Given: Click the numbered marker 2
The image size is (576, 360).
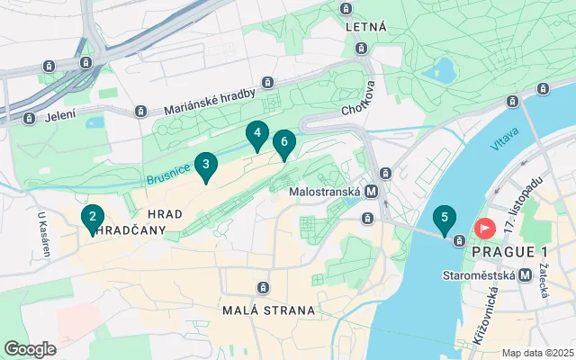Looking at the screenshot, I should [x=92, y=217].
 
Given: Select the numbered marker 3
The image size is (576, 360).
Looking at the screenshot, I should [x=206, y=165].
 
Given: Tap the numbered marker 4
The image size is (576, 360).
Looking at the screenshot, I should [x=257, y=135].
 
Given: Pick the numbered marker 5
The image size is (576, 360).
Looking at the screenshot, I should [x=443, y=219].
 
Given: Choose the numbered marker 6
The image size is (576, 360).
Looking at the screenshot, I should [x=284, y=142].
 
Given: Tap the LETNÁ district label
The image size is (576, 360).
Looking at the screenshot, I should [x=366, y=27].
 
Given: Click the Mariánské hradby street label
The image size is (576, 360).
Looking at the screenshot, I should [x=206, y=99].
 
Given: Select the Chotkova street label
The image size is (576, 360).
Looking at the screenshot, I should [x=357, y=111].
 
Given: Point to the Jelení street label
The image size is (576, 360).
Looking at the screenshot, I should [x=61, y=115].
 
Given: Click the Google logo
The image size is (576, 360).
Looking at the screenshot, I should [x=30, y=348].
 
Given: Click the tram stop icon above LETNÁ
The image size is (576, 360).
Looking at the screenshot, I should [x=346, y=9].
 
